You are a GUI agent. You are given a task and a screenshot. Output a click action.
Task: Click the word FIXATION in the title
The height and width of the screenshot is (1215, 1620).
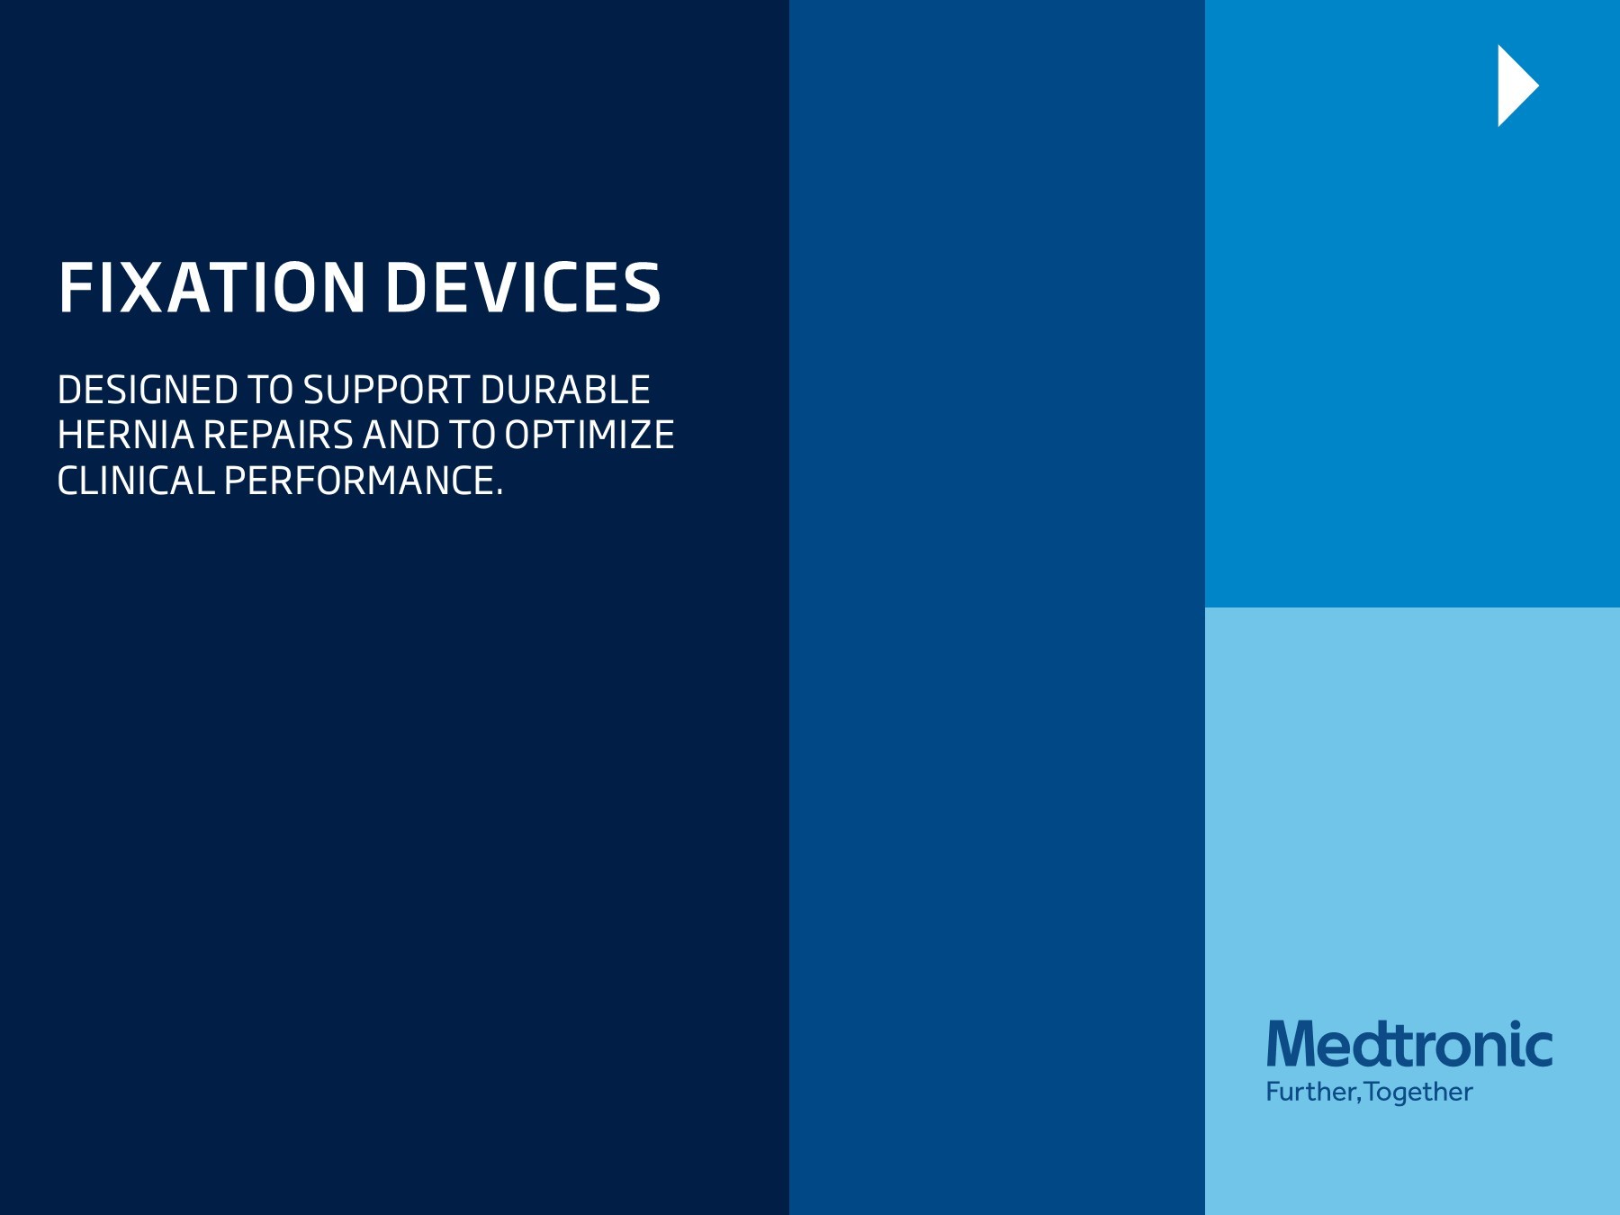click(211, 288)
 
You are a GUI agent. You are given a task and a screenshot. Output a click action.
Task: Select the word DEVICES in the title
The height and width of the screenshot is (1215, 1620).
click(523, 288)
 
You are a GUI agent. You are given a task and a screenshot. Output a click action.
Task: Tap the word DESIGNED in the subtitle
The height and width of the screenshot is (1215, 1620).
click(148, 391)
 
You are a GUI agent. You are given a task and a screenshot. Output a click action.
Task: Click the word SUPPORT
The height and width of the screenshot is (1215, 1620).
click(386, 391)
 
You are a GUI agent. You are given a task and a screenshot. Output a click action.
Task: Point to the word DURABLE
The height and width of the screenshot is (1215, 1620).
click(565, 391)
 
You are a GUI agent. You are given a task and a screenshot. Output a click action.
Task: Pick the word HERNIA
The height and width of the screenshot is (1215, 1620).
click(125, 436)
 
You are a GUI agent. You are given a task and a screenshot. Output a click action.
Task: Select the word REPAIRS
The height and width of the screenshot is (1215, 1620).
click(278, 436)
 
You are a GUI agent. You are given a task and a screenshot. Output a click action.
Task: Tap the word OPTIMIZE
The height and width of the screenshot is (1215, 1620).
click(589, 436)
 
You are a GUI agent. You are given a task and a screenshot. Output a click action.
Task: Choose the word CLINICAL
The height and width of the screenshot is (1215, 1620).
click(135, 481)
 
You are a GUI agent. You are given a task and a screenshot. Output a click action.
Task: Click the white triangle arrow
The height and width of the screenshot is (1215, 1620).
click(1516, 85)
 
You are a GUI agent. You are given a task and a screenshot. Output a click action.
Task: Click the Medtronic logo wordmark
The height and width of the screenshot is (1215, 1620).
click(1409, 1045)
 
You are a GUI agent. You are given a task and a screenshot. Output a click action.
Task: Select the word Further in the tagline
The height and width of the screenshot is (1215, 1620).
click(1310, 1093)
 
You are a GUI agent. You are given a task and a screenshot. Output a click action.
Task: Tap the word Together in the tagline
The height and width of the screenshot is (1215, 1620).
click(1418, 1093)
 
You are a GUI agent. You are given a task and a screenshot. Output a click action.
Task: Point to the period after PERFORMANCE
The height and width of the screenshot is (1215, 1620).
click(499, 492)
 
